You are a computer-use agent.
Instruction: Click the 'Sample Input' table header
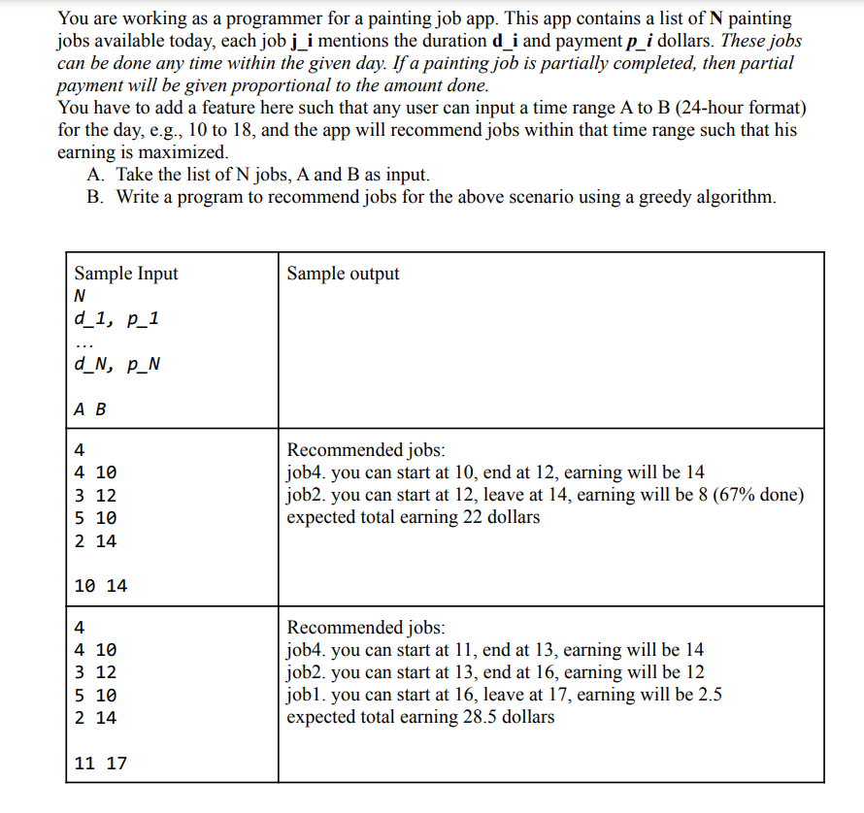(126, 274)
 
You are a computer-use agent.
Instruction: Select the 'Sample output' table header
(343, 274)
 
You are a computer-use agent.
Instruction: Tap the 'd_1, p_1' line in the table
(116, 320)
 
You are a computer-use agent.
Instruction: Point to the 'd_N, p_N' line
(117, 366)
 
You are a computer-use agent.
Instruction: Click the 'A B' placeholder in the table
(90, 408)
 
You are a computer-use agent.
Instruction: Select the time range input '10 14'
(100, 586)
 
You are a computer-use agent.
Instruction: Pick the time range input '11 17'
(100, 764)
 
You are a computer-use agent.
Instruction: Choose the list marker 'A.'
(95, 175)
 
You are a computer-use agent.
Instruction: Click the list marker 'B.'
(95, 197)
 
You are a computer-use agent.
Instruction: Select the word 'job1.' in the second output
(306, 695)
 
